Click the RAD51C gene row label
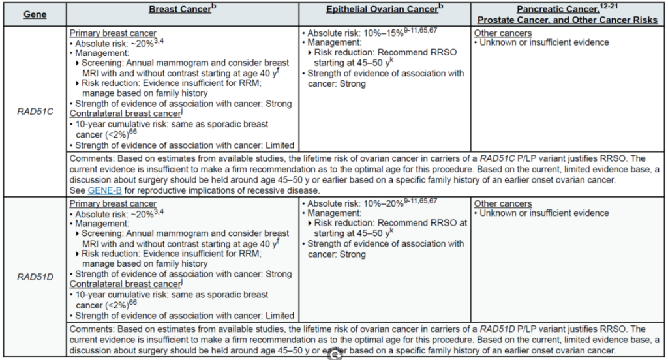pyautogui.click(x=33, y=112)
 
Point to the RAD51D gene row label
pyautogui.click(x=33, y=277)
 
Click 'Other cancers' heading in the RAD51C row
pyautogui.click(x=503, y=33)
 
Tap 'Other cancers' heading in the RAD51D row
pyautogui.click(x=503, y=203)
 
